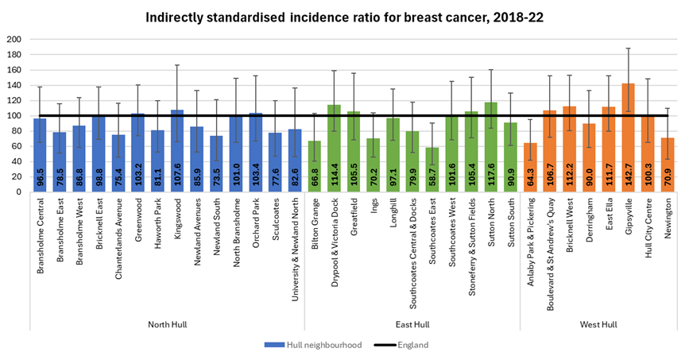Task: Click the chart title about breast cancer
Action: [x=344, y=16]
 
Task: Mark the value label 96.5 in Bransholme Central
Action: [x=40, y=176]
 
